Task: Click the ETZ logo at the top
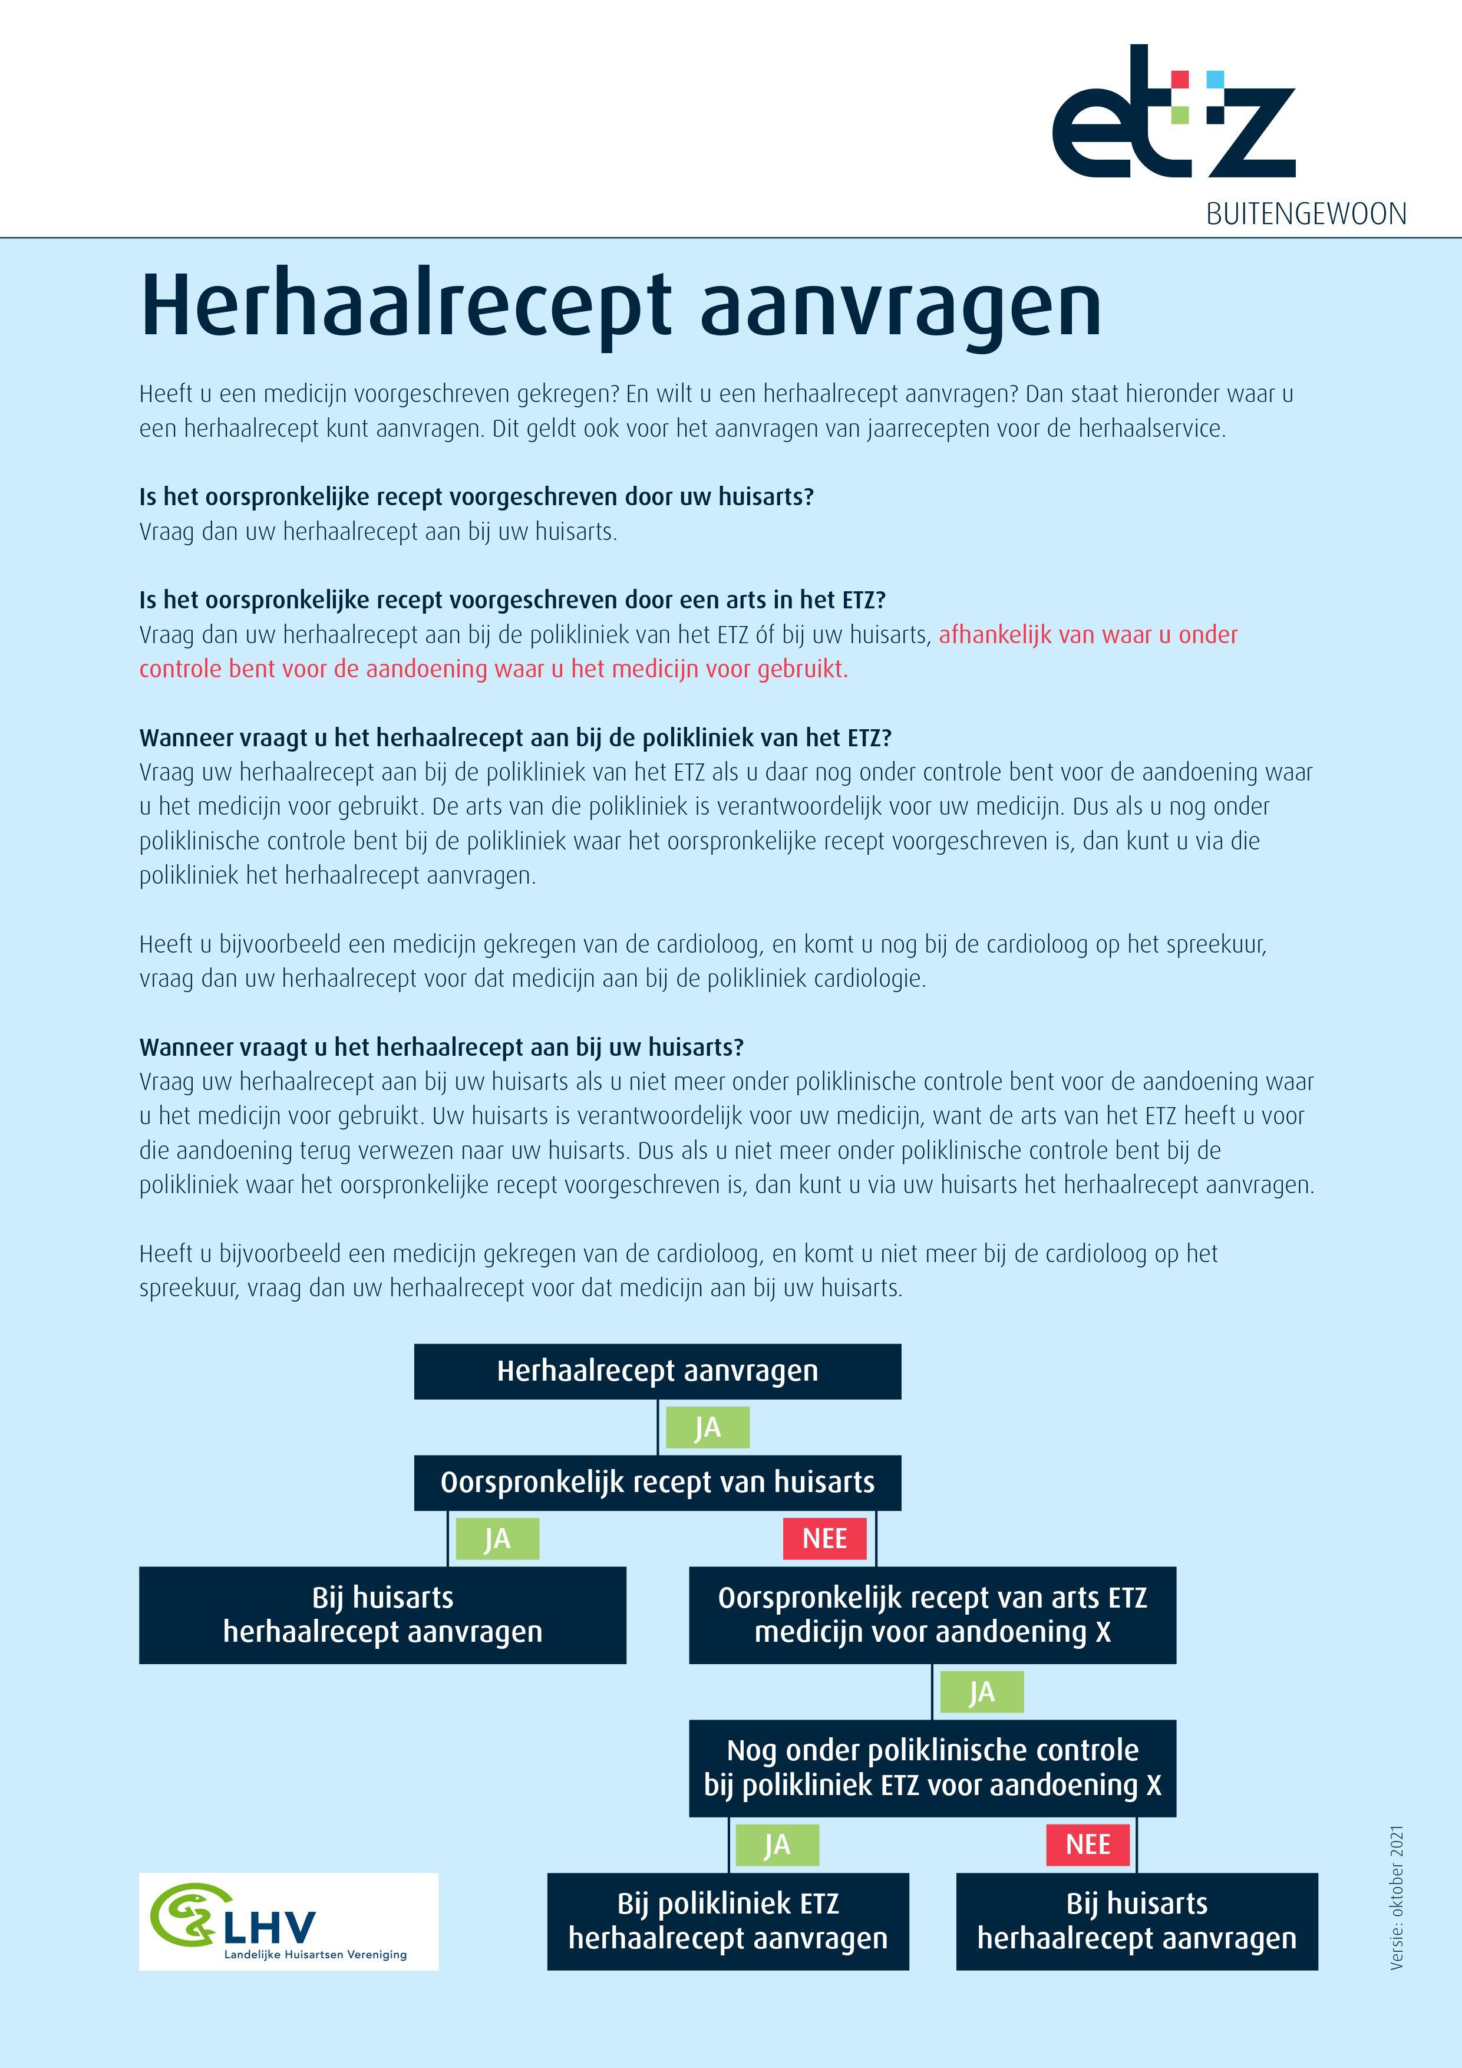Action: [x=1173, y=113]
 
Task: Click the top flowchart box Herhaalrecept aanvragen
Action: [x=657, y=1371]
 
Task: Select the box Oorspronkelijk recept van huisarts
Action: [x=657, y=1483]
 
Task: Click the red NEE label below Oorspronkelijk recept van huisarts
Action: [x=824, y=1539]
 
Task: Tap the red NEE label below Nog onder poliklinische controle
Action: [x=1087, y=1845]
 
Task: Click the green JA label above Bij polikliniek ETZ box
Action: [x=777, y=1845]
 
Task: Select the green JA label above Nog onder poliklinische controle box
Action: [x=981, y=1691]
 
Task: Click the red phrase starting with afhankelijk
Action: [x=1087, y=635]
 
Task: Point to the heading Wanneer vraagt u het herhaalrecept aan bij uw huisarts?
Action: [x=441, y=1048]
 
